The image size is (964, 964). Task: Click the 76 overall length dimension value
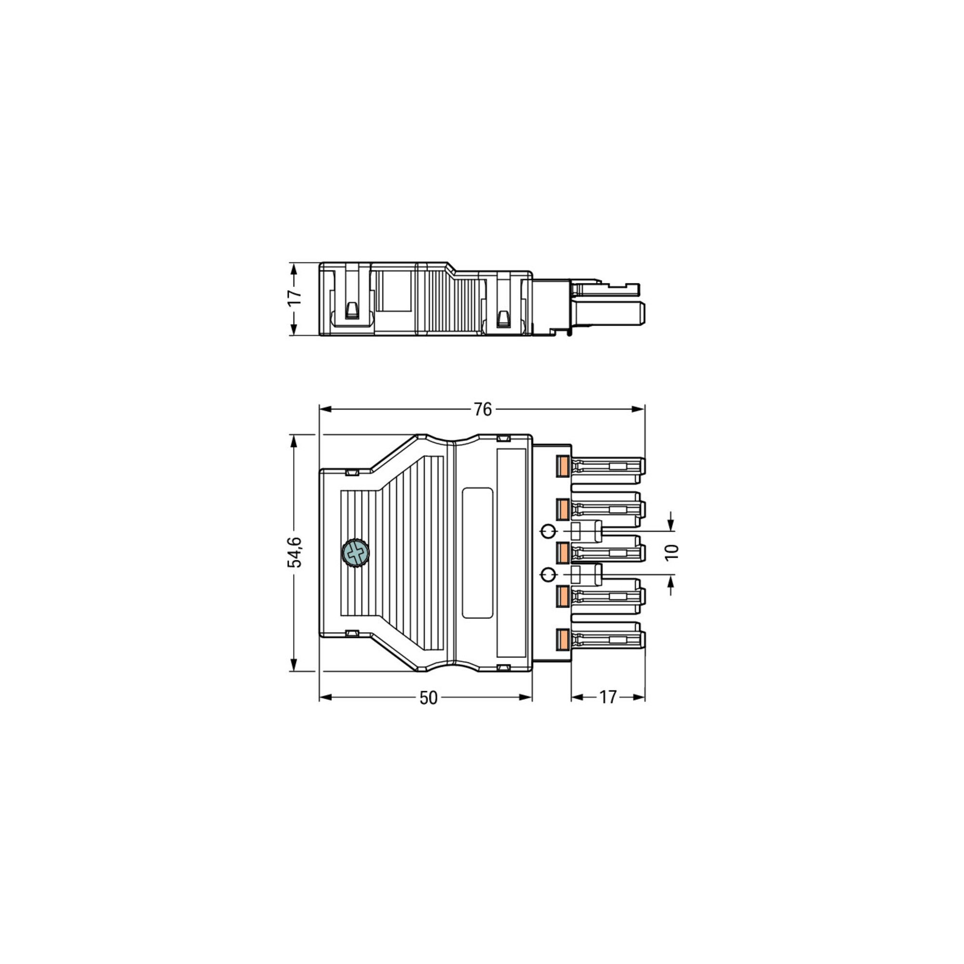coord(482,409)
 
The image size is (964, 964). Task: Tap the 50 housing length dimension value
coord(428,697)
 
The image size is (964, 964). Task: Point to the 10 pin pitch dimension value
coord(672,552)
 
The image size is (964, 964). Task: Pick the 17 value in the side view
coord(295,297)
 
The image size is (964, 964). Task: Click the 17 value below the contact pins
coord(608,697)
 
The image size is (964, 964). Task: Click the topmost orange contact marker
coord(563,467)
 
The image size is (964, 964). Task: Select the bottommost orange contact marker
coord(563,640)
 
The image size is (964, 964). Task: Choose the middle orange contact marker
coord(563,553)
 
